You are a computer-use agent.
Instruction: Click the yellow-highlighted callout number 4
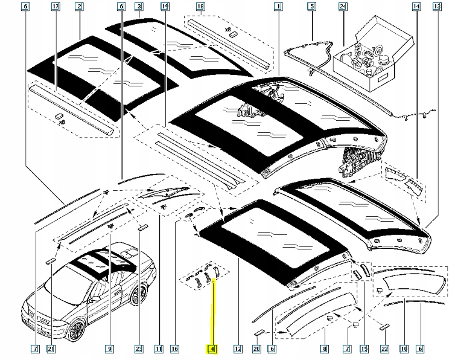[212, 349]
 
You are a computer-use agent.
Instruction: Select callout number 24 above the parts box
[343, 7]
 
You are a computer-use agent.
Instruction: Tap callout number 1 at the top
[278, 7]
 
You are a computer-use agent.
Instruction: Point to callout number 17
[56, 7]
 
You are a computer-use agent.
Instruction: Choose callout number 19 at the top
[165, 7]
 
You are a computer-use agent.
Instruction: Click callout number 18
[200, 7]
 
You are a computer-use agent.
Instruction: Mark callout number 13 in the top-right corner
[437, 7]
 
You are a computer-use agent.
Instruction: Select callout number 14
[416, 7]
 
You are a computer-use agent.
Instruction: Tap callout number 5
[311, 7]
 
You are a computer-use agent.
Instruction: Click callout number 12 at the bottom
[238, 349]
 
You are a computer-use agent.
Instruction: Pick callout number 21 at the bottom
[51, 349]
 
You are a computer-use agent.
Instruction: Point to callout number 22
[384, 349]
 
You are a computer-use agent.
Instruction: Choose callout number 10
[404, 349]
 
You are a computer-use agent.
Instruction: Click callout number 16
[174, 349]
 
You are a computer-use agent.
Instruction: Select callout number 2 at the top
[79, 7]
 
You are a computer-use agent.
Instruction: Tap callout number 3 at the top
[139, 7]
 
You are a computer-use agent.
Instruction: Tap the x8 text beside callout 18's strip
[227, 30]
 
